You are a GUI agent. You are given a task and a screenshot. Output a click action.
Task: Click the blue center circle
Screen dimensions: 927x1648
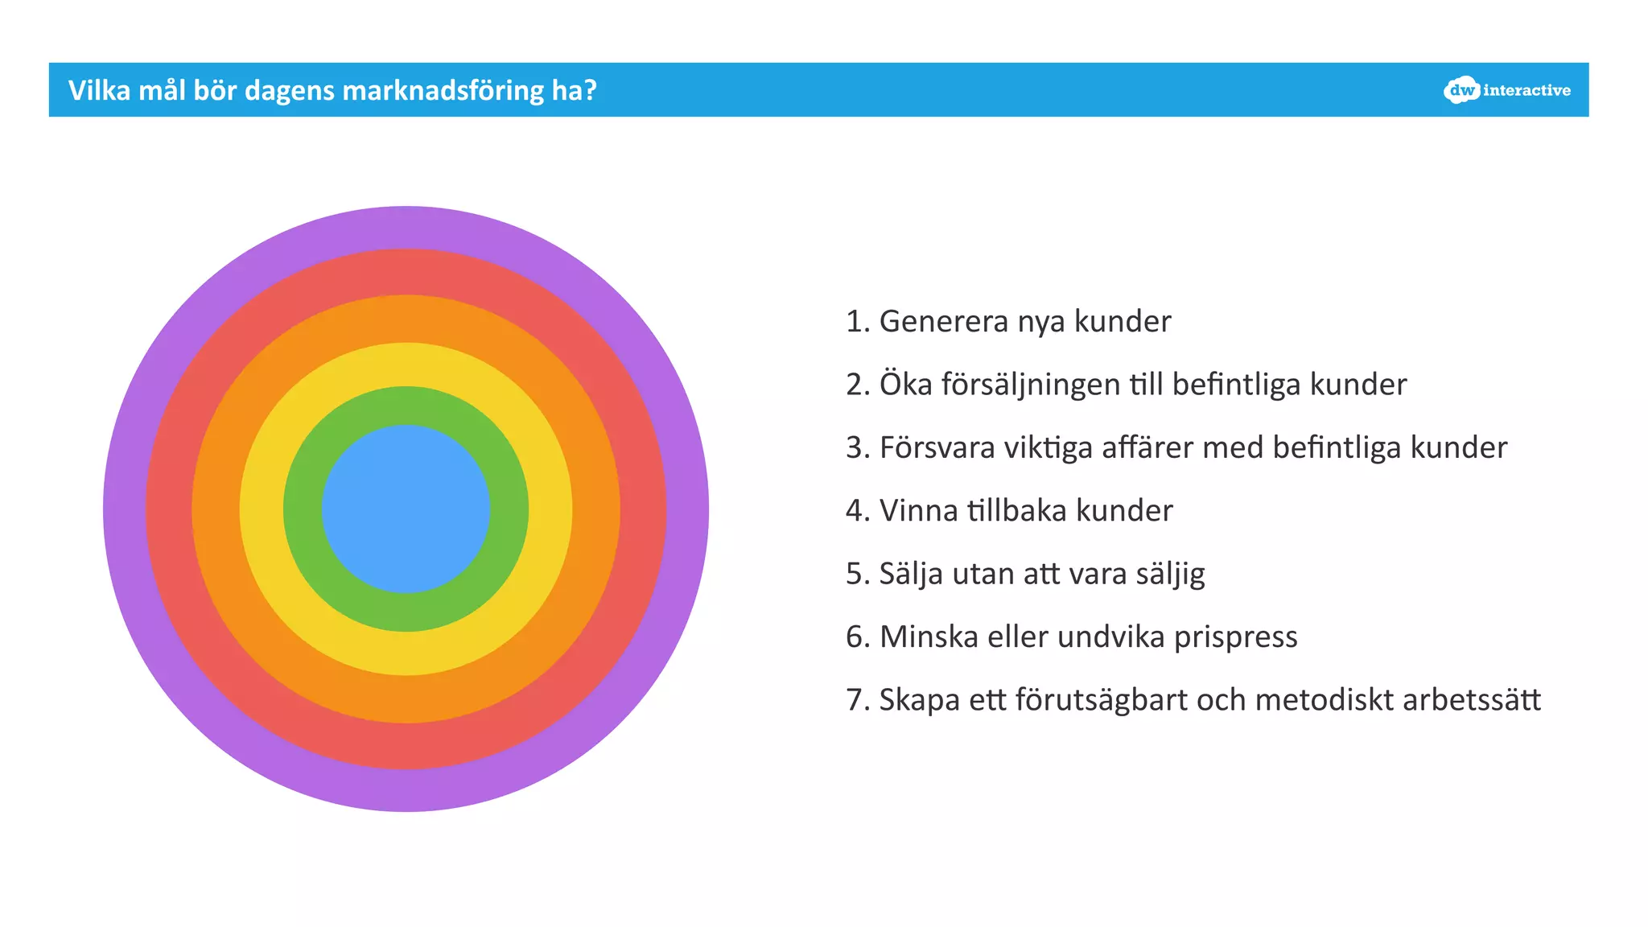[406, 509]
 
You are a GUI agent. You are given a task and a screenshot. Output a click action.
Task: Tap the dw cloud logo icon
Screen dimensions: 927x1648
[1461, 90]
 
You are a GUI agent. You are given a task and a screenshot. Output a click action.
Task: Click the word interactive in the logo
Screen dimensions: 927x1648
[1526, 91]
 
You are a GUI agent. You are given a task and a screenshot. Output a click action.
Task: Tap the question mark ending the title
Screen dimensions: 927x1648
[591, 90]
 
